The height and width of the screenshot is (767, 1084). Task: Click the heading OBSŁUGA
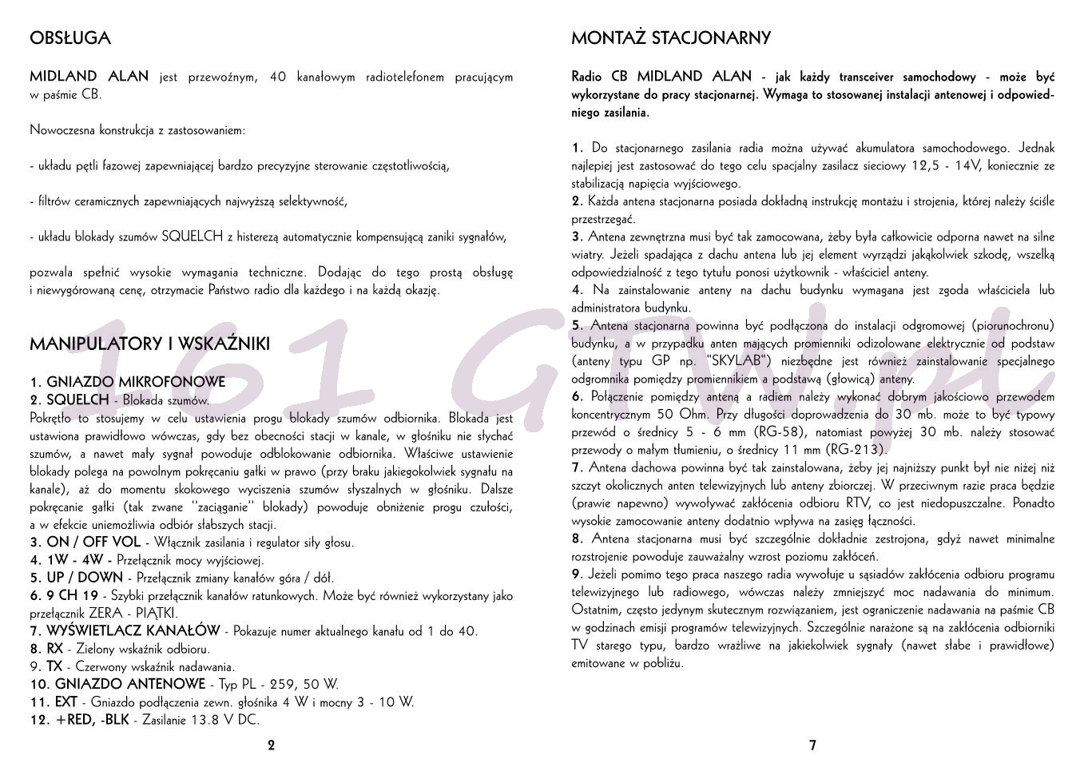coord(69,38)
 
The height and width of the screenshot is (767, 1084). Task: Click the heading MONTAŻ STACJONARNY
coord(670,38)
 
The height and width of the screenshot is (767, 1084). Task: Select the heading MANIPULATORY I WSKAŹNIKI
coord(149,344)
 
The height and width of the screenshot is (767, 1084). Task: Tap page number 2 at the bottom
coord(271,745)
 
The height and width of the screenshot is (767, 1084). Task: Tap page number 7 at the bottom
coord(812,745)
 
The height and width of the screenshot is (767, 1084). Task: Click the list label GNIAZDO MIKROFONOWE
coord(135,383)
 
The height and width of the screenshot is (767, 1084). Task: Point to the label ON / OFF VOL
coord(93,542)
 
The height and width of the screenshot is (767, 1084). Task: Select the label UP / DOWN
coord(85,578)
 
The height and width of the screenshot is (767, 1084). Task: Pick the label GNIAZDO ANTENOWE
coord(129,684)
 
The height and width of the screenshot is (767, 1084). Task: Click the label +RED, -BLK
coord(92,720)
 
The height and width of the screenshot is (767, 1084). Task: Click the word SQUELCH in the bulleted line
coord(192,236)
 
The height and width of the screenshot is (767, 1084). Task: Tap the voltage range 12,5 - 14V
coord(944,166)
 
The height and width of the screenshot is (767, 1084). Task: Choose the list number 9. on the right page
coord(578,574)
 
